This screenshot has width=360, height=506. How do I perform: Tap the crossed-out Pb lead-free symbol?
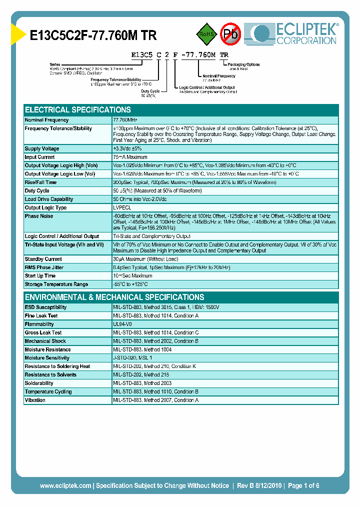tap(231, 34)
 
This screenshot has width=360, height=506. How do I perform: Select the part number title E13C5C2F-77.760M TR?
tap(93, 35)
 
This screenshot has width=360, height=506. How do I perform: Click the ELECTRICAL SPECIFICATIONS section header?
tap(78, 109)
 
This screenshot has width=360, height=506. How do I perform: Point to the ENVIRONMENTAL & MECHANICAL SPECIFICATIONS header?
tap(114, 297)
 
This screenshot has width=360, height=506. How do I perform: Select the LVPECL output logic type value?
tap(122, 207)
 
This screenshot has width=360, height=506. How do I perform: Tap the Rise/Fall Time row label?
tap(41, 182)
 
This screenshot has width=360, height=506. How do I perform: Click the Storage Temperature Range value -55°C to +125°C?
tap(130, 284)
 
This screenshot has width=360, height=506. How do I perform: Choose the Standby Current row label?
tap(43, 259)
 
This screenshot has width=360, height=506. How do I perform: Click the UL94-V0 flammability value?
tap(122, 324)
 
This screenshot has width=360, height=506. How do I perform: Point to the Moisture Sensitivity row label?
tap(47, 358)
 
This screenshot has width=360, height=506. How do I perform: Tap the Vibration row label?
tap(35, 400)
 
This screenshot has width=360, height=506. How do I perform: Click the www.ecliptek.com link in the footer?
tap(65, 485)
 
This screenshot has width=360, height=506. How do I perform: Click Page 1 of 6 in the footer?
tap(303, 485)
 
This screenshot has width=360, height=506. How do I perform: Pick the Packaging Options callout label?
tap(243, 64)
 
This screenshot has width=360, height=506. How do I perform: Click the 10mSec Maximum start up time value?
tap(133, 275)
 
